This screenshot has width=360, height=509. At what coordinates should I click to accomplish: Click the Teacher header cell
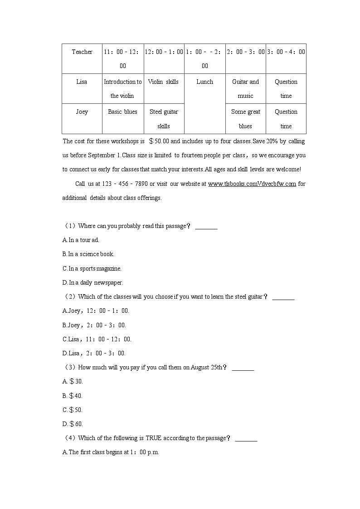pos(82,52)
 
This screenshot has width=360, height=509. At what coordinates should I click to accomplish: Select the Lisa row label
pos(82,82)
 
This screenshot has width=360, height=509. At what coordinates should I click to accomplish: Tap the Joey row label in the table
pos(82,112)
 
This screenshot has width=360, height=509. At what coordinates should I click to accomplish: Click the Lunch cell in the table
pos(204,82)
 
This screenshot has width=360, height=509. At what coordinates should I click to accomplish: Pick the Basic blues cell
pos(122,112)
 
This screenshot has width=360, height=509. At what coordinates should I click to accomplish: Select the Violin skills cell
pos(163,82)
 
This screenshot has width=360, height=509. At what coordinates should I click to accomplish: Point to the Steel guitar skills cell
pos(164,119)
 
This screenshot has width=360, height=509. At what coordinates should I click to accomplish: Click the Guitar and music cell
pos(245,89)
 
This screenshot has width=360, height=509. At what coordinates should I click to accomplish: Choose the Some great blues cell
pos(245,119)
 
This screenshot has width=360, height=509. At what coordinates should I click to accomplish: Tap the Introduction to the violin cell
pos(122,89)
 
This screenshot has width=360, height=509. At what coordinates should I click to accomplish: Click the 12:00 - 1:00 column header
pos(164,52)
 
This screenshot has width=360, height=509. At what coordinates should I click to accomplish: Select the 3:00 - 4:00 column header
pos(286,52)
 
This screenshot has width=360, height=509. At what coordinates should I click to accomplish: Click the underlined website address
pos(252,184)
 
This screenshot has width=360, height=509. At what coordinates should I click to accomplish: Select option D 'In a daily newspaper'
pos(92,283)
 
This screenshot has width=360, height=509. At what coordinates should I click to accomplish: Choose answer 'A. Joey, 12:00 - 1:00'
pos(96,311)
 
